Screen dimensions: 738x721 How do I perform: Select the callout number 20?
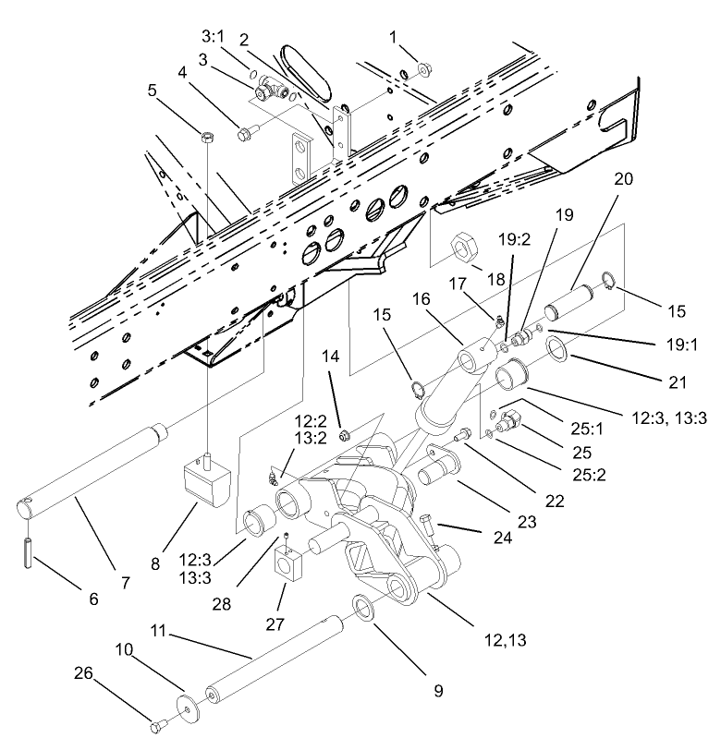(624, 179)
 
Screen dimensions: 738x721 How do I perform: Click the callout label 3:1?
(214, 35)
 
